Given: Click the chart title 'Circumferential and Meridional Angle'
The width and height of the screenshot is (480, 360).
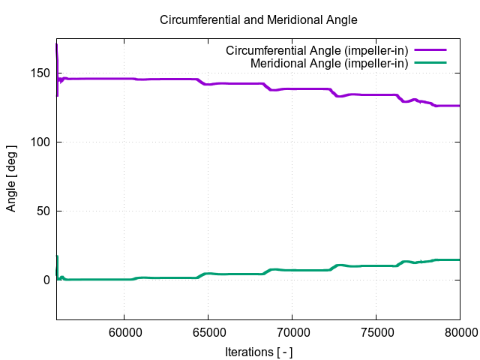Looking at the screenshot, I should click(x=258, y=19).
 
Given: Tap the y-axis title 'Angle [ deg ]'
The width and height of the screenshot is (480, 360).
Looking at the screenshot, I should click(x=11, y=177).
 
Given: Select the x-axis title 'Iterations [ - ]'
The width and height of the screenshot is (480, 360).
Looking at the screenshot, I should click(x=258, y=351).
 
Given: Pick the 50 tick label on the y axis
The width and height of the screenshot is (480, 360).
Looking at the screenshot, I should click(x=43, y=211).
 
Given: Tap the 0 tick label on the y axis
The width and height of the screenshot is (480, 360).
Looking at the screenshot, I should click(x=46, y=280).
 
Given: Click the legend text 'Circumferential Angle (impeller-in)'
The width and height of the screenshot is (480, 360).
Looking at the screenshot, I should click(x=316, y=51).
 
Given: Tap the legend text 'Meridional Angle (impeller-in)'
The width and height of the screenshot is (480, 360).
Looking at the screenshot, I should click(x=329, y=64).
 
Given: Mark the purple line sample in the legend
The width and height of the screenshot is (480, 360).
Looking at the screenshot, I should click(x=430, y=51).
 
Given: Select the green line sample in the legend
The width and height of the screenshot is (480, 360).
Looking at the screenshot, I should click(x=430, y=64).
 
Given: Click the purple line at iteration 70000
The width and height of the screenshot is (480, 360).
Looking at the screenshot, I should click(x=292, y=89).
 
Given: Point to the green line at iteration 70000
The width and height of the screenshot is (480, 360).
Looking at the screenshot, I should click(x=292, y=270).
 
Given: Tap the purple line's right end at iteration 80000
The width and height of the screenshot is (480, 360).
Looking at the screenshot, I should click(x=459, y=106).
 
